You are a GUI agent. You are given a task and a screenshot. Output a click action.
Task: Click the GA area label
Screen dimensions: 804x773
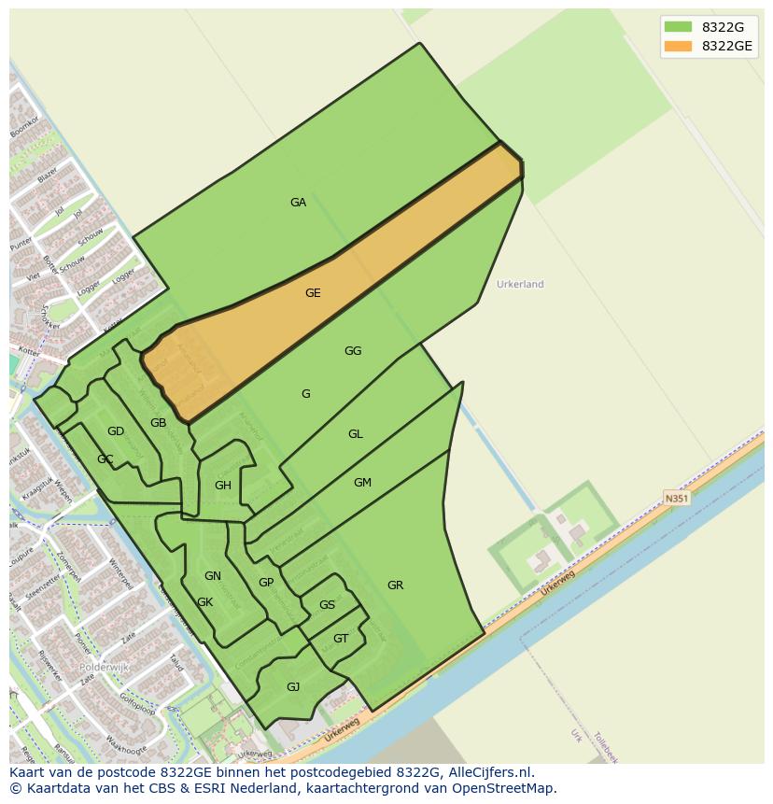click(x=298, y=203)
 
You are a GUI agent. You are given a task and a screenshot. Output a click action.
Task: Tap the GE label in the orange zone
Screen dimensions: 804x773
click(x=313, y=293)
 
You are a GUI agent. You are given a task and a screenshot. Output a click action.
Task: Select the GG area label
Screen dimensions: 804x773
click(x=353, y=351)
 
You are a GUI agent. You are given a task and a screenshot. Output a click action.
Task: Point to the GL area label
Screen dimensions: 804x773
click(x=356, y=434)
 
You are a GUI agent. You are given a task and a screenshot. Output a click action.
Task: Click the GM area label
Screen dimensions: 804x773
click(x=362, y=483)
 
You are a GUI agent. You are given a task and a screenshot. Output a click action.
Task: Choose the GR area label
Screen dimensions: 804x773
click(x=395, y=585)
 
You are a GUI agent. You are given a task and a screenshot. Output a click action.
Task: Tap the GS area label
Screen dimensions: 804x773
click(x=327, y=605)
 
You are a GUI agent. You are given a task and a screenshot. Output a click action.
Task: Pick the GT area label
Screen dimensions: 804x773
click(x=341, y=639)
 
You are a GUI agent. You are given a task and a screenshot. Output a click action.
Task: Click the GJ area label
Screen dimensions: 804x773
click(x=293, y=687)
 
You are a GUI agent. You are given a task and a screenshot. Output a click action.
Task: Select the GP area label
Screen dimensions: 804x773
click(x=266, y=583)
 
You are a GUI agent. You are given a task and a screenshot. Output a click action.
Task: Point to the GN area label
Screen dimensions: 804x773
click(x=213, y=576)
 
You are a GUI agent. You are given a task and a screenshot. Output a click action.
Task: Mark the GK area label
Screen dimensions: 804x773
click(x=205, y=602)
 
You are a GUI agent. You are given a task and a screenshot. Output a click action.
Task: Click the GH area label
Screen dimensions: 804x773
click(x=223, y=486)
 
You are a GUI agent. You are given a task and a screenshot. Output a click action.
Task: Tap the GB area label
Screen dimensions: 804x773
click(x=159, y=423)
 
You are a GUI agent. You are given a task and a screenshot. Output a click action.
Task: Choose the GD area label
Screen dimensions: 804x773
click(x=116, y=431)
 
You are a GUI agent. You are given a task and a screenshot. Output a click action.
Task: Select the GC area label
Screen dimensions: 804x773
click(x=105, y=459)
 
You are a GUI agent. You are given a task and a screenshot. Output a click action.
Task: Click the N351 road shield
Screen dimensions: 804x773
click(x=677, y=499)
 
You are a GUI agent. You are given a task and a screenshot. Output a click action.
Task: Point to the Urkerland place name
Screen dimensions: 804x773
click(x=520, y=284)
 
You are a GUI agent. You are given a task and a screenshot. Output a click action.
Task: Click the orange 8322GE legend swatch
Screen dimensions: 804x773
click(x=679, y=46)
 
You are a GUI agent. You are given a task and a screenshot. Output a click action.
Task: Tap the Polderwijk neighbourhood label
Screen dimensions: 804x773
click(x=105, y=668)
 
